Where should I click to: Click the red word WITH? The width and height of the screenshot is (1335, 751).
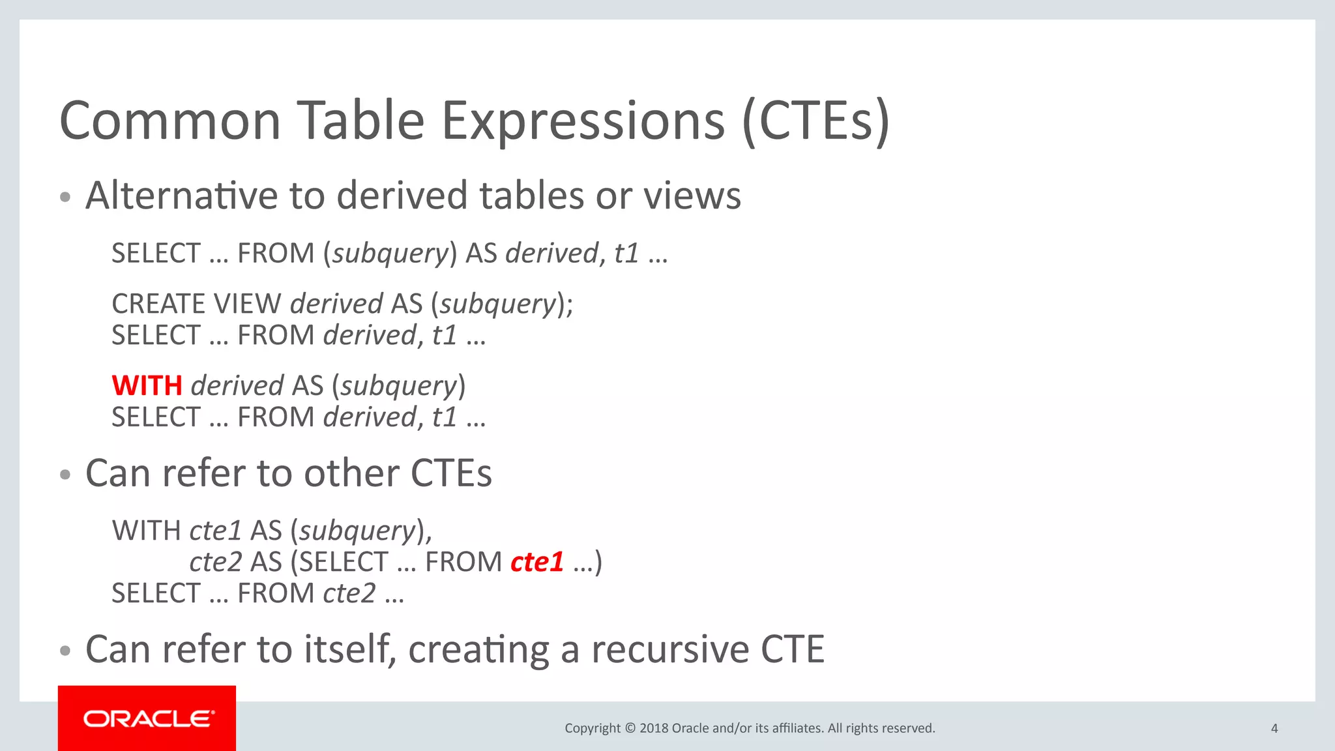[147, 386]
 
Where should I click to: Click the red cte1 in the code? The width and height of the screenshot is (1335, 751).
[536, 562]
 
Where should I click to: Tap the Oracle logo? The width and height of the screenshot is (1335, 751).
[147, 718]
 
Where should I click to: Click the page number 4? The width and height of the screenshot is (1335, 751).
[1274, 728]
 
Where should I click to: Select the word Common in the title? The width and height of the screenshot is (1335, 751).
[170, 121]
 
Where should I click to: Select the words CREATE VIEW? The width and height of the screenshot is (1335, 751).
[196, 304]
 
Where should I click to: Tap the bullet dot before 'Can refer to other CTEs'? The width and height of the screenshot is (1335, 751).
[65, 475]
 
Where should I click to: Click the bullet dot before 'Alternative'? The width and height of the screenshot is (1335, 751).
[65, 197]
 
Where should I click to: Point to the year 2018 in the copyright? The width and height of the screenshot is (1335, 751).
[653, 728]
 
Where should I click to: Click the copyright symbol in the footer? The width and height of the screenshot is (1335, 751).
[630, 728]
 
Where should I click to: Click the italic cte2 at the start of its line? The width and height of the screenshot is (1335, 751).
[216, 562]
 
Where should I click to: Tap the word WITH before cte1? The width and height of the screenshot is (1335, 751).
[146, 531]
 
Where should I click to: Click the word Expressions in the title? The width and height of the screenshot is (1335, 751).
[583, 121]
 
